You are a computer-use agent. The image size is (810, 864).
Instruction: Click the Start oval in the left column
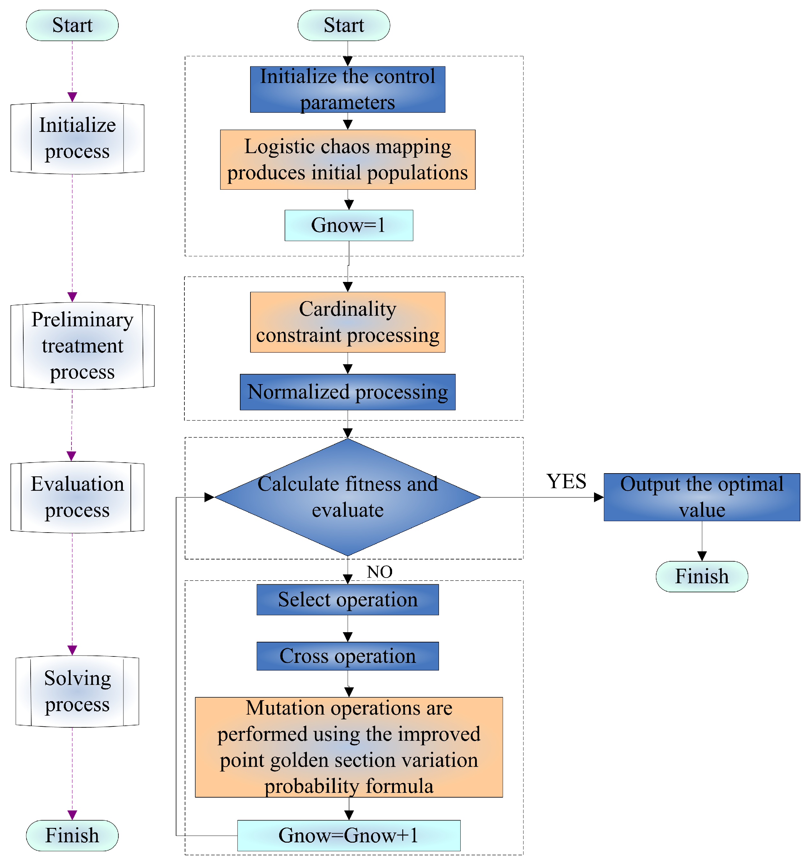72,25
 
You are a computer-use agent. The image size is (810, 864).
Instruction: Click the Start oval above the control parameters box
344,25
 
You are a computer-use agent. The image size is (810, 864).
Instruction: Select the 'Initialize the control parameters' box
347,89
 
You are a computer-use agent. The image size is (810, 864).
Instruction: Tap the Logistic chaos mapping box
347,160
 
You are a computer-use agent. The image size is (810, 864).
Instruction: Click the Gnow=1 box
348,225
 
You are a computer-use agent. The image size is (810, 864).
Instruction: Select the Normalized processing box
347,391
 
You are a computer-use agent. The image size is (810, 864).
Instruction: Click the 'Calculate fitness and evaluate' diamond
347,497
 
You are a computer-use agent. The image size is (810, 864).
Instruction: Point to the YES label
566,481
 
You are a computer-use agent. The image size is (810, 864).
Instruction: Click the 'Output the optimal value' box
702,497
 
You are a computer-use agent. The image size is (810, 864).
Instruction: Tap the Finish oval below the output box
702,576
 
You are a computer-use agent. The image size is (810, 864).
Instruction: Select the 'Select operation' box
347,599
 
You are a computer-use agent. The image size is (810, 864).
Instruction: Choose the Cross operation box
347,656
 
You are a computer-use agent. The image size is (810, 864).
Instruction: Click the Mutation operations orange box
349,747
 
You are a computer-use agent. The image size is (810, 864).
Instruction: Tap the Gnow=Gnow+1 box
348,835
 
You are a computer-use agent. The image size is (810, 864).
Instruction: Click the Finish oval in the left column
72,835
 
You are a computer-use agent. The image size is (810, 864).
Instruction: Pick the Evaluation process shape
77,497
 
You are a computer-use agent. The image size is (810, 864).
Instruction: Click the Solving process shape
77,691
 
